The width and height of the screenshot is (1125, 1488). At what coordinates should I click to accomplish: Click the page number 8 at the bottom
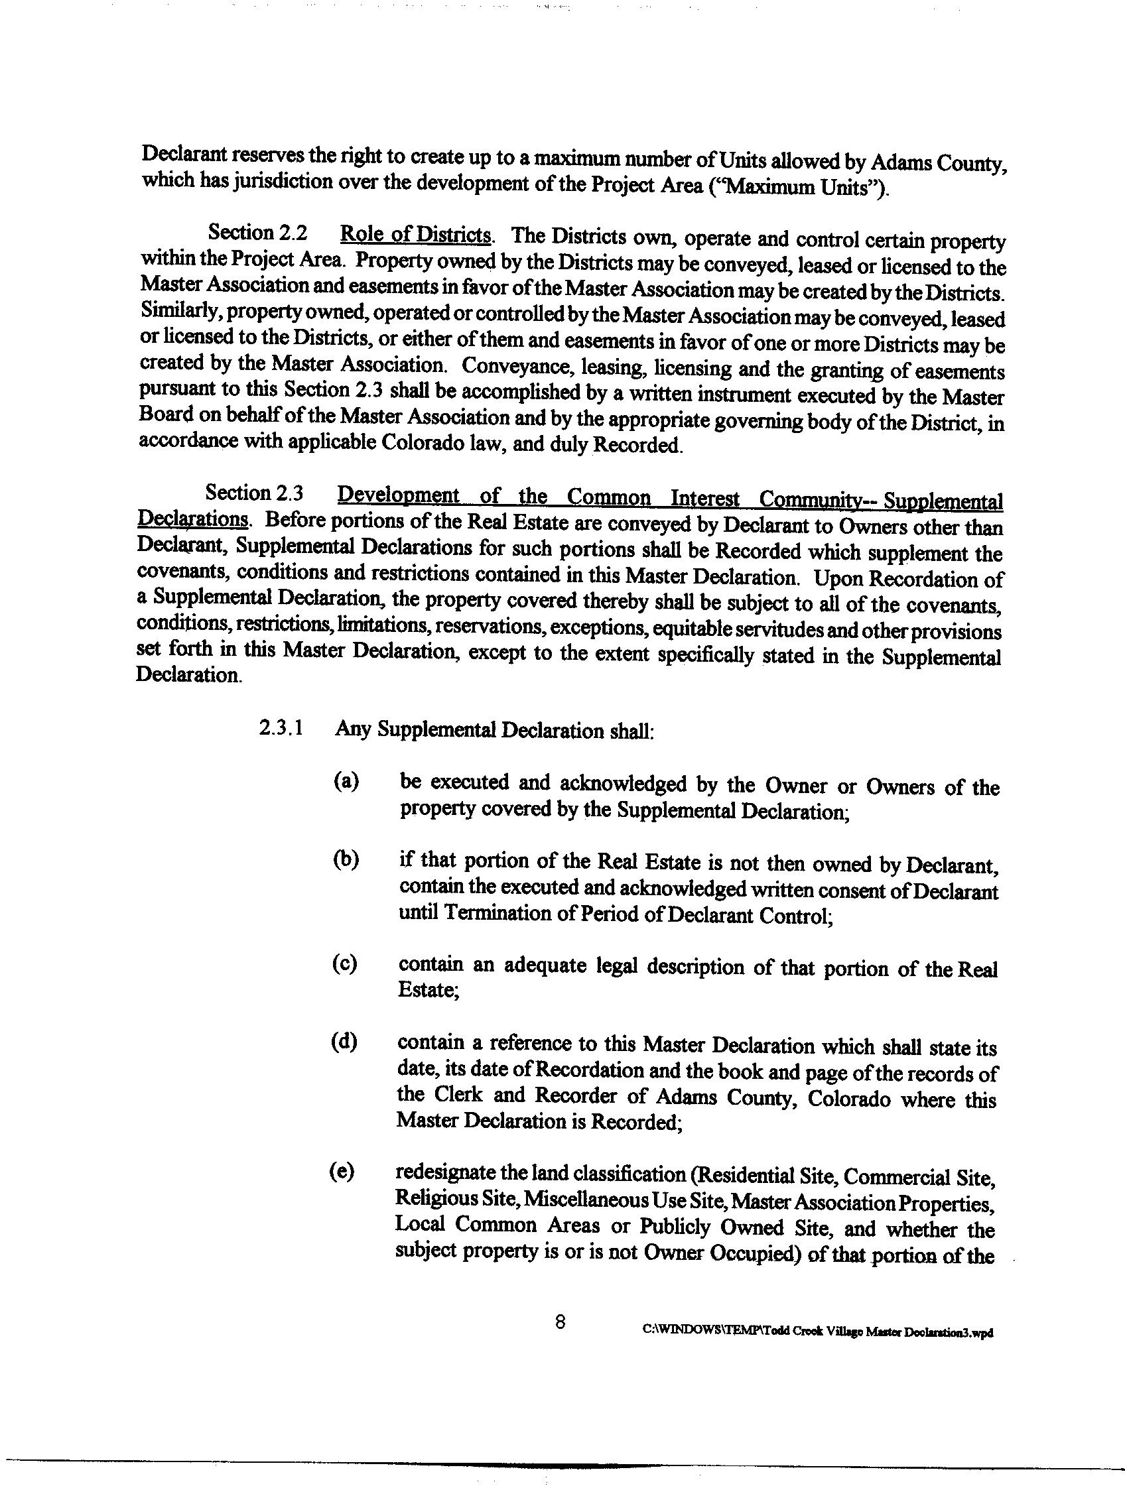(560, 1322)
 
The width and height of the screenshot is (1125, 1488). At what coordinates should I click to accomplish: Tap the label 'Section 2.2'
(257, 233)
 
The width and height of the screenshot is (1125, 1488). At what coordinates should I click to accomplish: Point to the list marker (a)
(346, 781)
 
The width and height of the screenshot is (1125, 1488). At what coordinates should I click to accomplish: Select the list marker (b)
(345, 859)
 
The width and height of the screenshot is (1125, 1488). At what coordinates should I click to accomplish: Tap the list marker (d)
(344, 1042)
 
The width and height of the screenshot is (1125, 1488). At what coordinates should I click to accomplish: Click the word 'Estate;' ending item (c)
(428, 989)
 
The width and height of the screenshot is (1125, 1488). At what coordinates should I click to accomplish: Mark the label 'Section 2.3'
(254, 493)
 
